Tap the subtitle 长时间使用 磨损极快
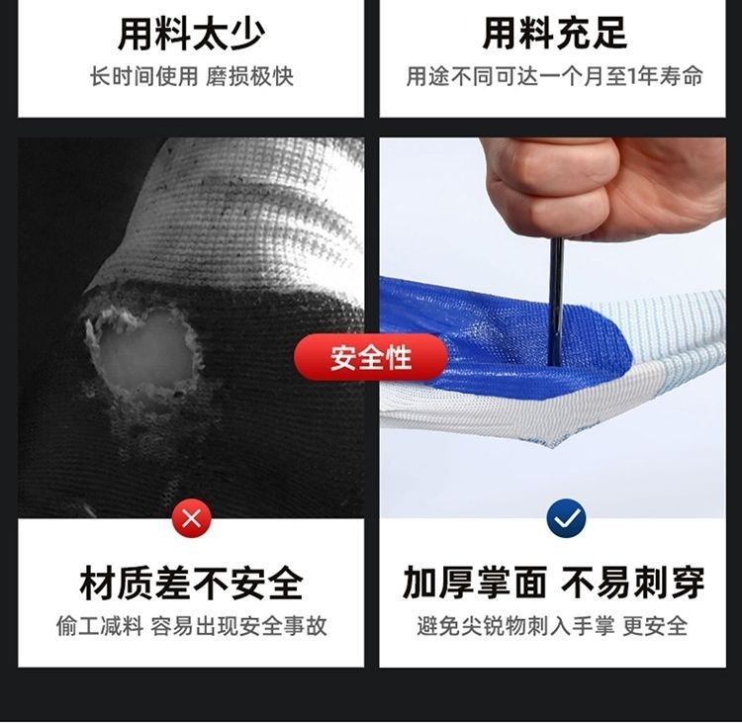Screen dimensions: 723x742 click(192, 77)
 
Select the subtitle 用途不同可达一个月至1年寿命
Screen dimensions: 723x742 click(555, 77)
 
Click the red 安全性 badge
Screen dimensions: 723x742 click(372, 357)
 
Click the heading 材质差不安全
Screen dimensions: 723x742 click(192, 584)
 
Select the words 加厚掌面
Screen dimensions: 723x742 click(475, 584)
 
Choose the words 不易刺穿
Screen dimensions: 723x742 click(633, 584)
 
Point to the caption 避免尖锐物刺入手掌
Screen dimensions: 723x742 click(514, 626)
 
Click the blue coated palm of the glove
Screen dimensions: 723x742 click(475, 336)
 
